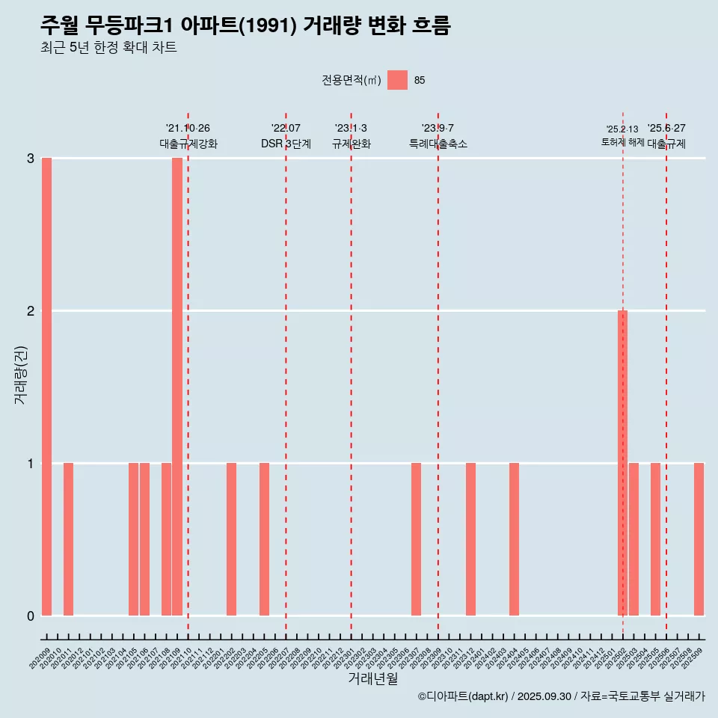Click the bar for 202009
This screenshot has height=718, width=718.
[x=46, y=387]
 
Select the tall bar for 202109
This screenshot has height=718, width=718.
[x=177, y=387]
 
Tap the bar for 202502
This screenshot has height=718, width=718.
[x=622, y=463]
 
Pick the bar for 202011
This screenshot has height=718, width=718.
[x=68, y=539]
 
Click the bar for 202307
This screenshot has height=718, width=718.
[x=416, y=539]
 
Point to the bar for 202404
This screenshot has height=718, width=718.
[x=514, y=539]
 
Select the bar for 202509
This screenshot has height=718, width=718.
[x=699, y=539]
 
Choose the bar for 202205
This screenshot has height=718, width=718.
[x=264, y=539]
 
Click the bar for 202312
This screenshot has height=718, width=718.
[x=470, y=539]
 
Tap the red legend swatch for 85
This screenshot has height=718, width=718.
[x=397, y=80]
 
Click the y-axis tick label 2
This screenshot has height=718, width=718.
[x=31, y=310]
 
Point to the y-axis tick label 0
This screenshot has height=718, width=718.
[x=31, y=616]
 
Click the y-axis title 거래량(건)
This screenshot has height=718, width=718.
[x=21, y=374]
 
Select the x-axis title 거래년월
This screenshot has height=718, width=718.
[x=372, y=678]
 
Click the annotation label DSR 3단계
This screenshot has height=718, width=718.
[x=286, y=144]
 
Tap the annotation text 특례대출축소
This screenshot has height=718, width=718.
[x=438, y=144]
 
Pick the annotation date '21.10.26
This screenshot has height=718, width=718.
[x=188, y=128]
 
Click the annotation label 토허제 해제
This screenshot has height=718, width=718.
[x=622, y=142]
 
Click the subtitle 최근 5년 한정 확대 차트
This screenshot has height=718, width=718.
[x=108, y=48]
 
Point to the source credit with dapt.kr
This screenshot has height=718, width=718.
[x=561, y=696]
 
